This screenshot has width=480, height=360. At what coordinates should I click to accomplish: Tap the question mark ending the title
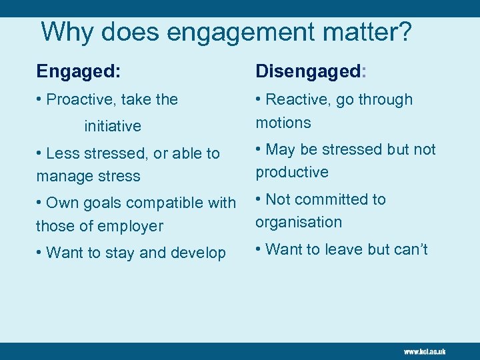(404, 31)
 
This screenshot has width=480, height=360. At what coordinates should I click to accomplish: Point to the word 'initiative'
(113, 126)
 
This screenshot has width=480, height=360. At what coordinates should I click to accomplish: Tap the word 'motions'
(283, 123)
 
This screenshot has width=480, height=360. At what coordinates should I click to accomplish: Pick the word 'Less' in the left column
(63, 153)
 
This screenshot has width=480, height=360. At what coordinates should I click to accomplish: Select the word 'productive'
(292, 172)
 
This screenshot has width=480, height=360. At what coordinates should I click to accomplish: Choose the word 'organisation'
(299, 222)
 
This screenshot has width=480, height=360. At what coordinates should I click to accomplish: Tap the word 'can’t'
(410, 249)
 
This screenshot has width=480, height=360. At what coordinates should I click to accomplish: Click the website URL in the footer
(425, 351)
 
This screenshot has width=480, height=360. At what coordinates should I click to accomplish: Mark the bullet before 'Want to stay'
(40, 253)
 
